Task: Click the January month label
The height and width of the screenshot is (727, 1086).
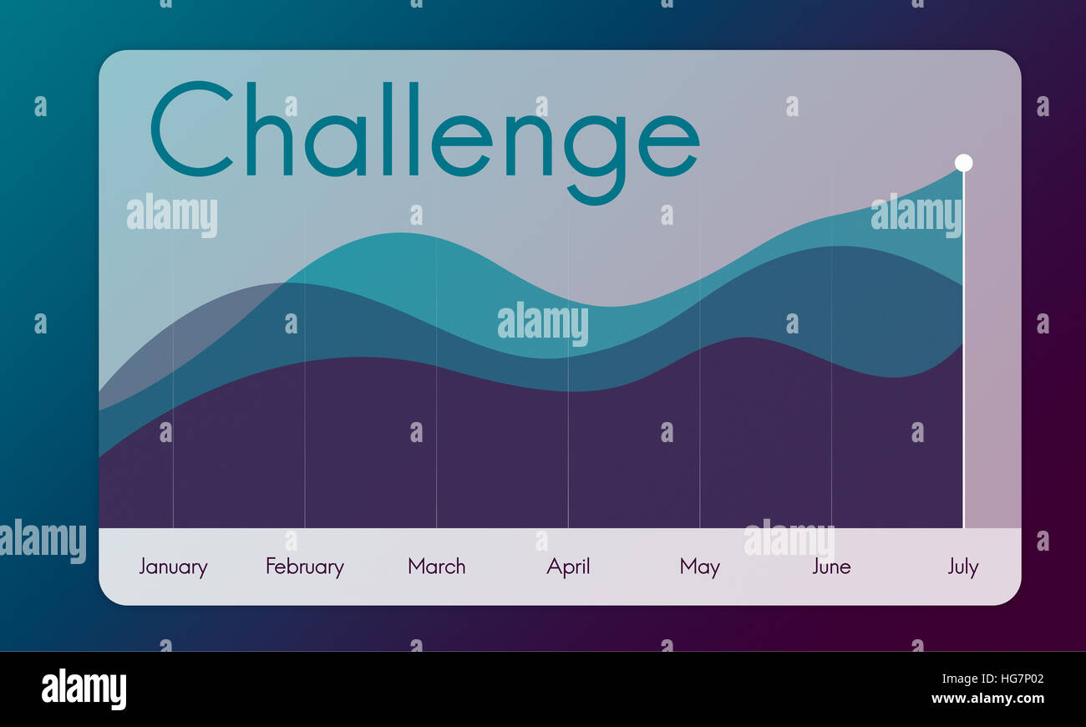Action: pos(173,567)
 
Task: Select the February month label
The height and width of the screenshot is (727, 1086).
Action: pos(304,567)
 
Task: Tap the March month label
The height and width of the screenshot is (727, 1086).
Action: pos(436,567)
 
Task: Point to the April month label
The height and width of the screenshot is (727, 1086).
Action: pos(568,567)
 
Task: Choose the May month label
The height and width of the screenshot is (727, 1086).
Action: pos(699,567)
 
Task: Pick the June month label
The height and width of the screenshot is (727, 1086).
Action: pos(831,567)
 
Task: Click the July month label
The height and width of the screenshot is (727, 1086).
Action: pos(962,567)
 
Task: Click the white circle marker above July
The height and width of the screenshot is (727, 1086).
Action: pos(963,163)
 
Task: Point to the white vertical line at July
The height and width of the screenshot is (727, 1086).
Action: pos(963,351)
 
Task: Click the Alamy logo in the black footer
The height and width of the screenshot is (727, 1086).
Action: pos(84,689)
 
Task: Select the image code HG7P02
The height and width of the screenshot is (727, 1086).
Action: pos(1016,679)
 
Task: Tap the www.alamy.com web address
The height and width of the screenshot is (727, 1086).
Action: pos(987,699)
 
